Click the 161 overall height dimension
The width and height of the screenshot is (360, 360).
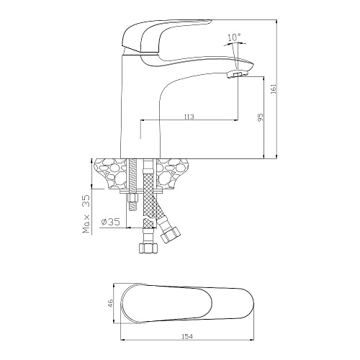pyautogui.click(x=274, y=89)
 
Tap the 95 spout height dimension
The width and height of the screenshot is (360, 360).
pyautogui.click(x=261, y=117)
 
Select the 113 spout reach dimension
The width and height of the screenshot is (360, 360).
pyautogui.click(x=189, y=117)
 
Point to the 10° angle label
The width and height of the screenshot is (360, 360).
pyautogui.click(x=234, y=37)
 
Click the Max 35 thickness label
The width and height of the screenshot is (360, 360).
pyautogui.click(x=86, y=214)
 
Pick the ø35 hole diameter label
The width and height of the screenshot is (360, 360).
pyautogui.click(x=111, y=222)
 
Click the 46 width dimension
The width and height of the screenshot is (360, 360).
pyautogui.click(x=110, y=303)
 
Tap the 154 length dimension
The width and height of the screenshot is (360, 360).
pyautogui.click(x=187, y=337)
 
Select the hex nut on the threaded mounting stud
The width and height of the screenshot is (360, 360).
pyautogui.click(x=132, y=198)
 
